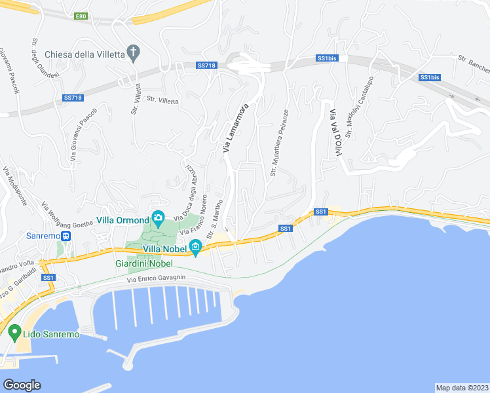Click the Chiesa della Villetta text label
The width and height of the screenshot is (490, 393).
[x=85, y=54]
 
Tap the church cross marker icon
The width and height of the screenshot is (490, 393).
[x=134, y=52]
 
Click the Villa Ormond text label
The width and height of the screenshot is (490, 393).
[x=122, y=220]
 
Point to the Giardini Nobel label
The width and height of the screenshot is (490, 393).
[x=143, y=263]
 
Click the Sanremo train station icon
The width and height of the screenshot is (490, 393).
[x=66, y=236]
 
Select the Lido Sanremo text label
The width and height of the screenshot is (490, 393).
[x=51, y=334]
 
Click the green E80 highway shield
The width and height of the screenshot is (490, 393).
[x=81, y=16]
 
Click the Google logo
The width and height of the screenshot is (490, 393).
[x=22, y=385]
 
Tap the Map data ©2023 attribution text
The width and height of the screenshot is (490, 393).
[x=462, y=387]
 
